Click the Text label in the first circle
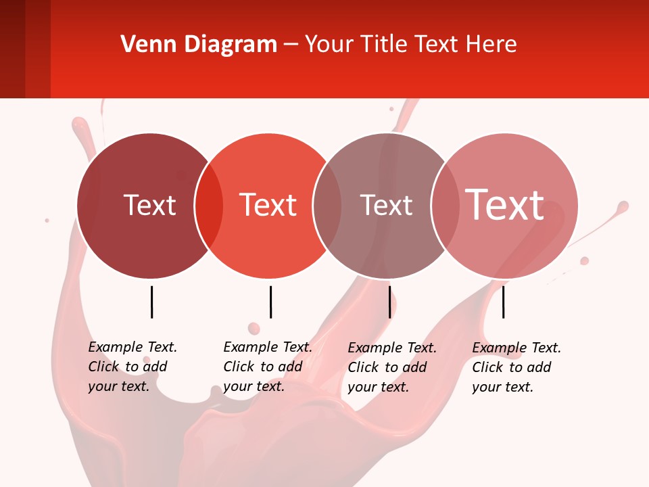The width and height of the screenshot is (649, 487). coord(149,205)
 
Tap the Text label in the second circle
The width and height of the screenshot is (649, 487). coord(268,205)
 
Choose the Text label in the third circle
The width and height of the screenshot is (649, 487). coord(386,205)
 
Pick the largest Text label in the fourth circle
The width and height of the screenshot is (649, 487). coord(505,205)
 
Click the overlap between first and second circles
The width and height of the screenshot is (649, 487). coord(209,206)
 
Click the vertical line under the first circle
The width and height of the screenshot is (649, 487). coord(151,302)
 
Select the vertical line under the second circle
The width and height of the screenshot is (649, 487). coord(270,302)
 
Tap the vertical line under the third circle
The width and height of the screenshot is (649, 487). coord(389,302)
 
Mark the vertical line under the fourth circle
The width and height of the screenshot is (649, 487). coord(503,302)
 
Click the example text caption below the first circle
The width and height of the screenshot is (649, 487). coord(133,367)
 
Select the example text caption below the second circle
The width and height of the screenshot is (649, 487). coord(268,367)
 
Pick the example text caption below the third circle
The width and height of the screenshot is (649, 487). coord(392,367)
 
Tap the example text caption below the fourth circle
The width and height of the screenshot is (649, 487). coord(516,367)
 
